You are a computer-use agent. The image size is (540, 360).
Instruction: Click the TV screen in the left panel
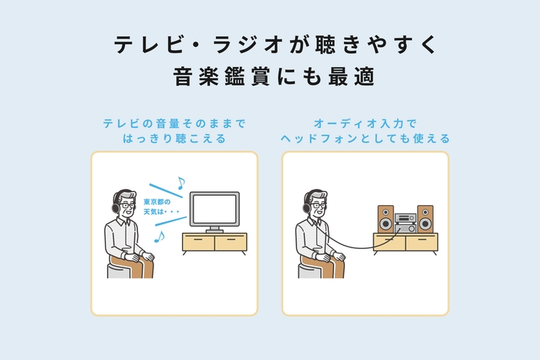pos(214,209)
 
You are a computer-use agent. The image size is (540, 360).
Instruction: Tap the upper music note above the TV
pos(181,183)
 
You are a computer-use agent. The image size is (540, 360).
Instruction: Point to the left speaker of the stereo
pos(386,218)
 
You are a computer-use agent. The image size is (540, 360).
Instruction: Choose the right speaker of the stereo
pos(424,218)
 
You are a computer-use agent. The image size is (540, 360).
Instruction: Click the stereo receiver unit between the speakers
pos(405,224)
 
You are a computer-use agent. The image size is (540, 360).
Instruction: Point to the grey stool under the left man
pos(119,269)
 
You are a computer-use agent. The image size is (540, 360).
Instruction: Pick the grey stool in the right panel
pos(309,269)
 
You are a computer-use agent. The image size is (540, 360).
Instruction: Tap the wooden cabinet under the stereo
pos(404,244)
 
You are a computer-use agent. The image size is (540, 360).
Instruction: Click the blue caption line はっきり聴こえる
pos(174,140)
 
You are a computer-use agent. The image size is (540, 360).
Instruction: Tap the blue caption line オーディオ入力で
pos(365,123)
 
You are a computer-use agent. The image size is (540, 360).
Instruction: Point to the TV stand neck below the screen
pos(214,228)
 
